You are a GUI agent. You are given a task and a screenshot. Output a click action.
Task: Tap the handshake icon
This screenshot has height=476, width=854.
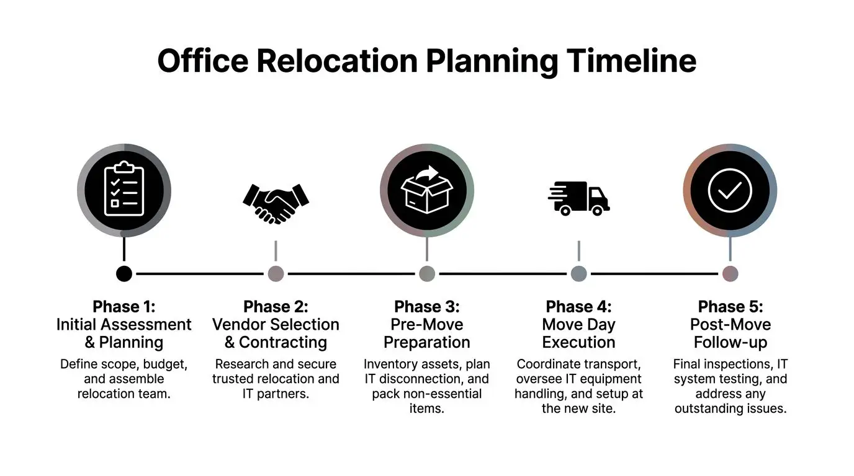(x=276, y=202)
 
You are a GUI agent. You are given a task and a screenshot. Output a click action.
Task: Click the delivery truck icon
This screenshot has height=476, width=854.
(x=578, y=198)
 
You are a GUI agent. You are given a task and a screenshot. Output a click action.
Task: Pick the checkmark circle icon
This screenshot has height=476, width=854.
(x=730, y=190)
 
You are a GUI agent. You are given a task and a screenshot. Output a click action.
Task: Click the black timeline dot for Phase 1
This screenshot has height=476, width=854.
(x=124, y=273)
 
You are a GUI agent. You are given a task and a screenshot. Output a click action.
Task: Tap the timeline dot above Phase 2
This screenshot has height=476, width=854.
(x=276, y=273)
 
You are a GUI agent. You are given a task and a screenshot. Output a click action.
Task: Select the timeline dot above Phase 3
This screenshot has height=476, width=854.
(x=427, y=273)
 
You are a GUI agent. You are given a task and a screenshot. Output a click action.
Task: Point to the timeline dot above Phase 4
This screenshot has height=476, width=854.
(x=578, y=273)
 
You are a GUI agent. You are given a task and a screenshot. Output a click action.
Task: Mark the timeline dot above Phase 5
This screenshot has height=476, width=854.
(x=730, y=273)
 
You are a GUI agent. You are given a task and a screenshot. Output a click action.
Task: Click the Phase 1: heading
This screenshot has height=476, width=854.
(x=124, y=307)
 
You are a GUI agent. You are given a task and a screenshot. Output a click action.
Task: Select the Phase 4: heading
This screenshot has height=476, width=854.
(x=578, y=307)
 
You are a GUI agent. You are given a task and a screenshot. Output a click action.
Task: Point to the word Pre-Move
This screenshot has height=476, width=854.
(x=427, y=324)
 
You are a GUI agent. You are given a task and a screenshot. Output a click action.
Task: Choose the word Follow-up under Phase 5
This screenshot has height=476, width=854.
(x=730, y=342)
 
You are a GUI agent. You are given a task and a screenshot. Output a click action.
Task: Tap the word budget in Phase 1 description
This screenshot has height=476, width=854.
(x=166, y=364)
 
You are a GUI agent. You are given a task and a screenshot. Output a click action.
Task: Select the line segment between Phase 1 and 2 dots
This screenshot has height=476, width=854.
(x=200, y=273)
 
